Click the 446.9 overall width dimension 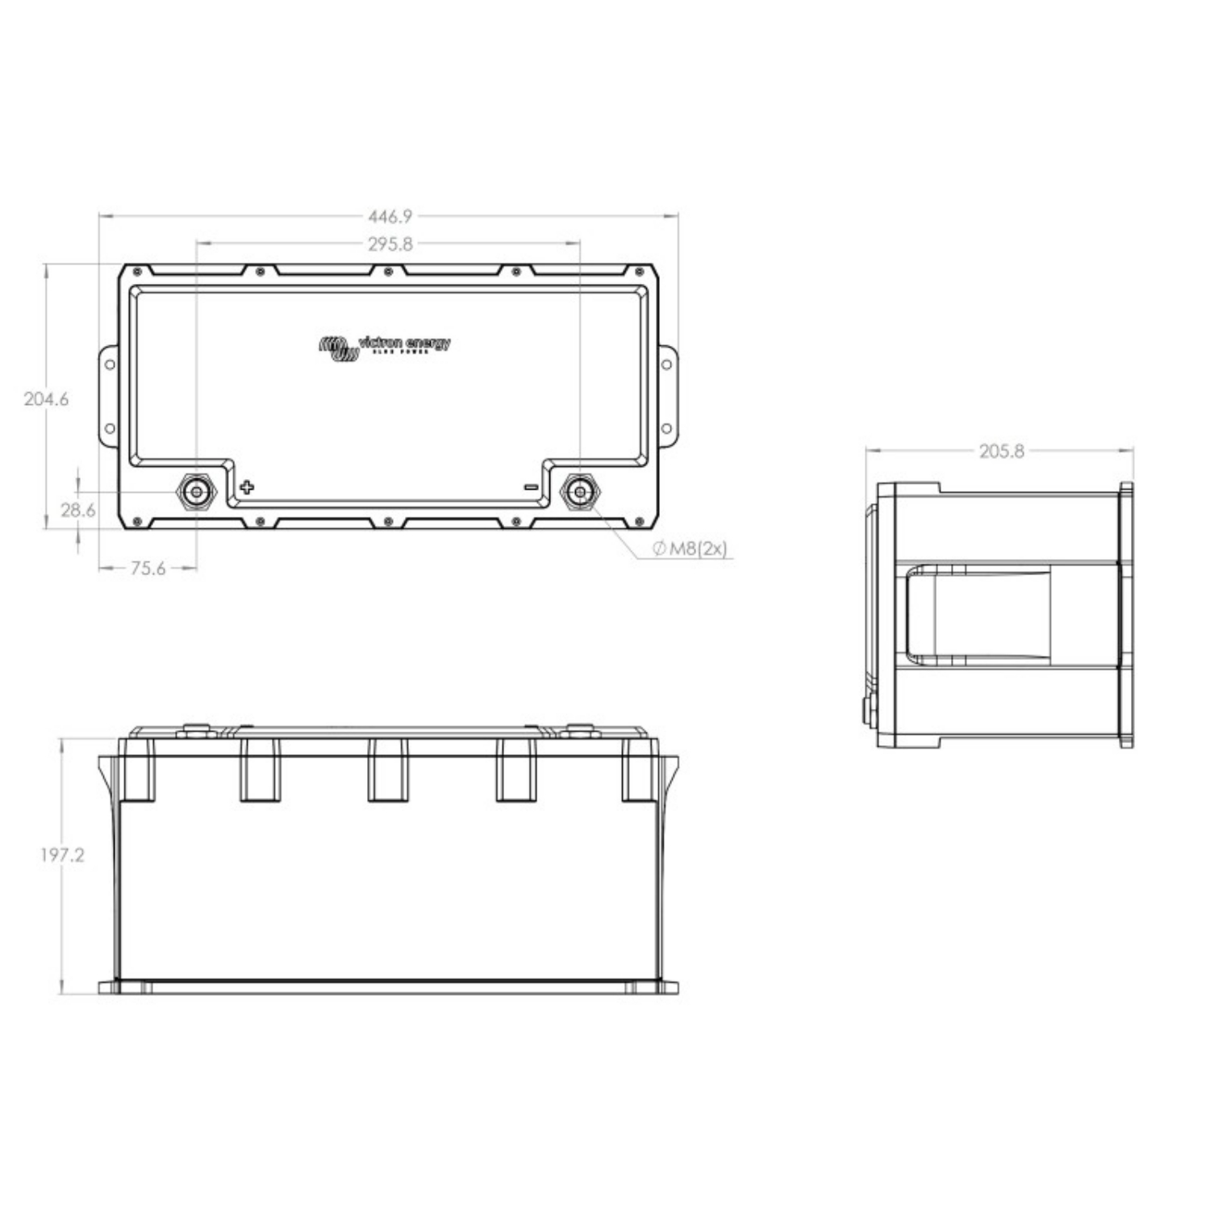pyautogui.click(x=390, y=216)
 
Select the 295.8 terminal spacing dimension pyautogui.click(x=390, y=244)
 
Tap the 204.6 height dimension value pyautogui.click(x=46, y=398)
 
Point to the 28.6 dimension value pyautogui.click(x=77, y=510)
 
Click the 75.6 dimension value pyautogui.click(x=148, y=569)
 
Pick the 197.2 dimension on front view pyautogui.click(x=62, y=855)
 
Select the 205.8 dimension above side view pyautogui.click(x=1001, y=452)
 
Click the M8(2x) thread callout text pyautogui.click(x=691, y=549)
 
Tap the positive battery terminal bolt pyautogui.click(x=196, y=490)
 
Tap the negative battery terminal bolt pyautogui.click(x=579, y=490)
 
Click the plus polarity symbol pyautogui.click(x=247, y=487)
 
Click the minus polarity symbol pyautogui.click(x=530, y=487)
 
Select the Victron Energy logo pyautogui.click(x=385, y=347)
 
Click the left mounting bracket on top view pyautogui.click(x=109, y=396)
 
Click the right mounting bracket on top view pyautogui.click(x=667, y=396)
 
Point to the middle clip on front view pyautogui.click(x=388, y=770)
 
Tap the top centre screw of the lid pyautogui.click(x=388, y=271)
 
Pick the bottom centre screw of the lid pyautogui.click(x=388, y=523)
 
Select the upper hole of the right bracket pyautogui.click(x=666, y=365)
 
